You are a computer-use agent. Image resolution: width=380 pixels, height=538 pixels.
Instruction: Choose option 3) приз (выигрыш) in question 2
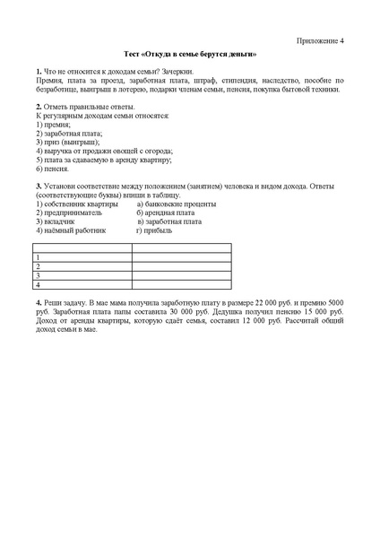pos(68,142)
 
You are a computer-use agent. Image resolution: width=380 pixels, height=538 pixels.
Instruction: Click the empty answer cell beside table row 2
pos(181,266)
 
